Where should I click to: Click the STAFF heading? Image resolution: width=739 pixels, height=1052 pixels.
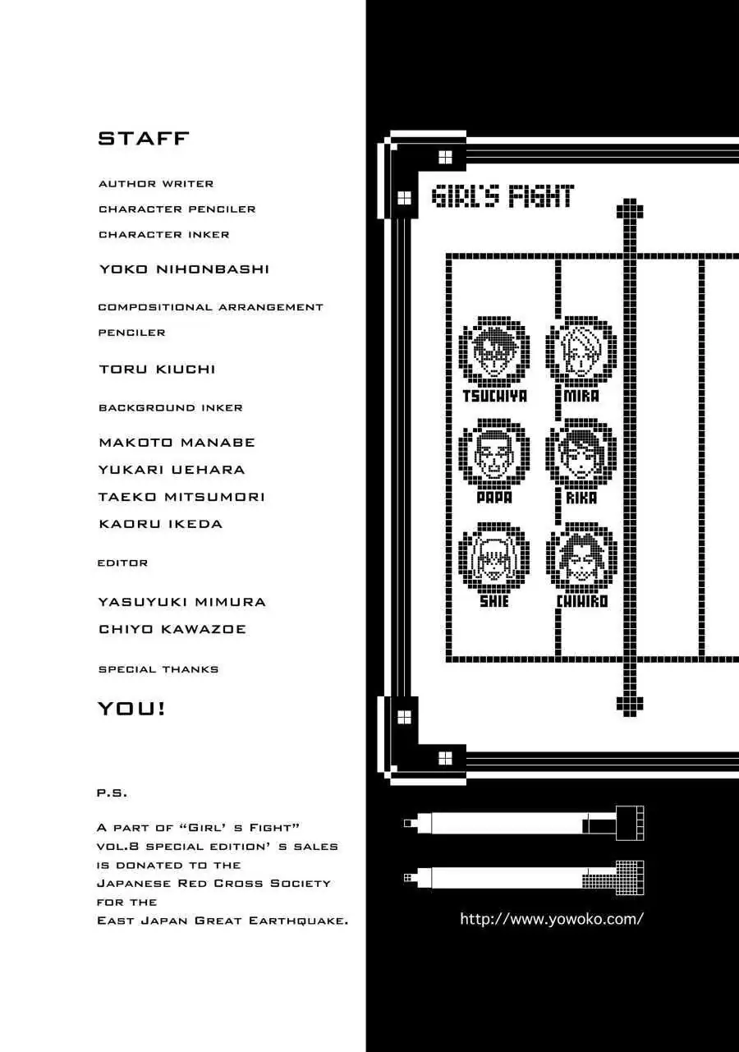click(143, 139)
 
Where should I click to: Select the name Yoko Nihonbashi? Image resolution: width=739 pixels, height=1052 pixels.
click(184, 269)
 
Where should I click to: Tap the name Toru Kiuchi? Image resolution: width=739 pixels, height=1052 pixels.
click(157, 369)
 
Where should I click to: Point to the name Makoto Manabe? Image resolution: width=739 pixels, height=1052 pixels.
click(177, 443)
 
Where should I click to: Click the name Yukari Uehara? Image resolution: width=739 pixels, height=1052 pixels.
click(172, 470)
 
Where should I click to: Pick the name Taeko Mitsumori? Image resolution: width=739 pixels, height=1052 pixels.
click(181, 497)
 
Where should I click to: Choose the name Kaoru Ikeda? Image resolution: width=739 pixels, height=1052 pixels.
click(161, 524)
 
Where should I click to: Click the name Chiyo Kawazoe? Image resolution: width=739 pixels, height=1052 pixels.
click(172, 629)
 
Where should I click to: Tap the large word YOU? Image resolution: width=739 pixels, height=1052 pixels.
click(131, 709)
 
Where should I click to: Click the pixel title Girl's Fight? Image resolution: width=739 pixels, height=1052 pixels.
click(503, 196)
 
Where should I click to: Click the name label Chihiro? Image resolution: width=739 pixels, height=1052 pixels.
click(581, 602)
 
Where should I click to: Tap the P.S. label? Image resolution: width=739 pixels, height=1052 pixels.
click(112, 793)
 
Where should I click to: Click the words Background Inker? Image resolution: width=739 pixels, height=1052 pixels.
click(171, 407)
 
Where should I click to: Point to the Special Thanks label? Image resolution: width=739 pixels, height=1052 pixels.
click(158, 669)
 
